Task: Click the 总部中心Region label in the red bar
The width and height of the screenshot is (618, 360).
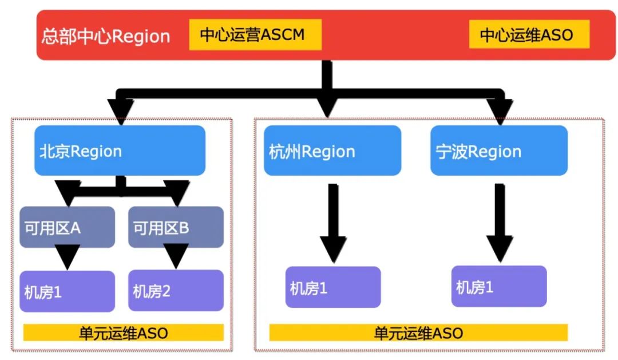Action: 106,37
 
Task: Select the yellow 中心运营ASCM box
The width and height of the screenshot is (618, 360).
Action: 255,35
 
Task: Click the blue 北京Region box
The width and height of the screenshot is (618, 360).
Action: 120,151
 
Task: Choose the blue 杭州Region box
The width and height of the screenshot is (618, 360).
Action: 332,151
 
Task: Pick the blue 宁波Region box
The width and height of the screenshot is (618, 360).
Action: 498,151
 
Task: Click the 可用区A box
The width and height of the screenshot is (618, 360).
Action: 67,227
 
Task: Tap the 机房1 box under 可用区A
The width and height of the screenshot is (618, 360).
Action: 67,291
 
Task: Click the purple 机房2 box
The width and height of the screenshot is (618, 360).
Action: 176,291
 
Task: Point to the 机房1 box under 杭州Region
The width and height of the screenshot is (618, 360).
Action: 332,287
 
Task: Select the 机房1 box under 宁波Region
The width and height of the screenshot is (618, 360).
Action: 498,286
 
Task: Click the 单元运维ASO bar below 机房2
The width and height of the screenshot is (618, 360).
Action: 123,333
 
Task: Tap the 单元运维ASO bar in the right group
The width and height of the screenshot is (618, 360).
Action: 418,333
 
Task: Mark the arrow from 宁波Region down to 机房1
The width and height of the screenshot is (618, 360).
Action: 498,220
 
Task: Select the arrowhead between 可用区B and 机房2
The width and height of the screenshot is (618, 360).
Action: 176,256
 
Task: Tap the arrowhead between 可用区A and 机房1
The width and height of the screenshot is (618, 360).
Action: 68,256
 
